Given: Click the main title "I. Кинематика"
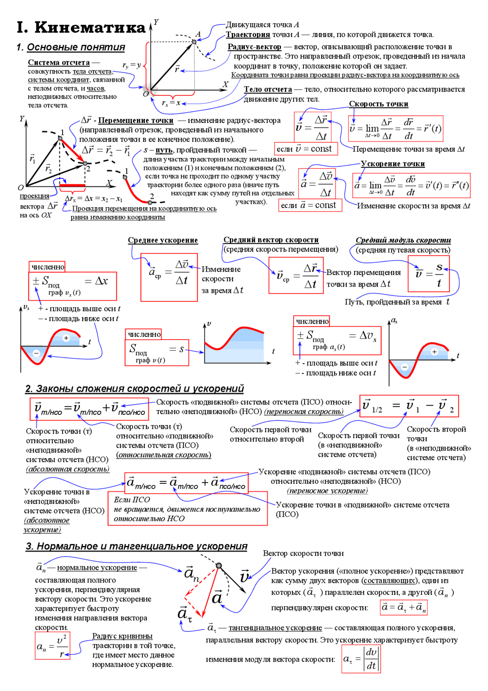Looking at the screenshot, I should coord(81,27).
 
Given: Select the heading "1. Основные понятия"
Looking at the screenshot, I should coord(71,47).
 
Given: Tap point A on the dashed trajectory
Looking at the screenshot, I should coord(194,42).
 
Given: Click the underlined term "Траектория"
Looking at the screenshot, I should coord(248,35).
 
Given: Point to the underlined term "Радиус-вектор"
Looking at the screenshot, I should coord(254,47).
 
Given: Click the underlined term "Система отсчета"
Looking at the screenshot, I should coord(59,63).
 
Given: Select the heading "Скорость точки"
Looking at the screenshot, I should coord(379,104).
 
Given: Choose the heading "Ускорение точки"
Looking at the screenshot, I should coord(393,164).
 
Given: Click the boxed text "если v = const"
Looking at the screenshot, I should coord(306,149).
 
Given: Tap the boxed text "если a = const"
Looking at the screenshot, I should coord(310,205).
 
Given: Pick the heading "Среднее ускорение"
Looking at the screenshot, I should coord(163,240).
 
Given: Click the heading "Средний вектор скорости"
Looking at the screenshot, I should coord(271,240).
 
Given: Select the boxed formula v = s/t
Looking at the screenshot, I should coord(429,274).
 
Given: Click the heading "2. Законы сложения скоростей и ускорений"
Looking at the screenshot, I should coord(134,389).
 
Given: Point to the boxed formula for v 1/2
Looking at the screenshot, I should coord(409,406).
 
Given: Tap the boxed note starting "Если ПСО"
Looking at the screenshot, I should coord(188,509).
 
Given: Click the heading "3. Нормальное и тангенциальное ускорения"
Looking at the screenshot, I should coord(136,546).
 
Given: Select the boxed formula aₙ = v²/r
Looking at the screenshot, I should coord(52,646).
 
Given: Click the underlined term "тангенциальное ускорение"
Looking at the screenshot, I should coord(275,628).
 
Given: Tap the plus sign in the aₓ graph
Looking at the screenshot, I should coord(434,352).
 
